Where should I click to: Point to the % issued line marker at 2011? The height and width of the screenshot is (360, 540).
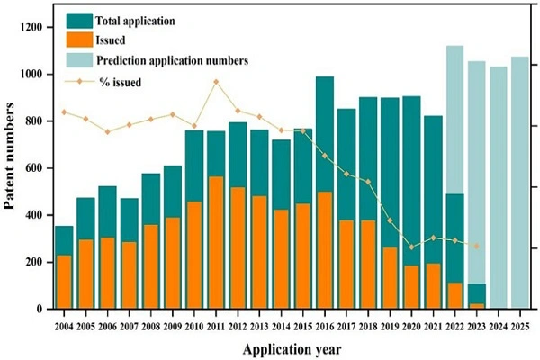tap(216, 82)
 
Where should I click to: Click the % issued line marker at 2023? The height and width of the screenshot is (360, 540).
tap(477, 246)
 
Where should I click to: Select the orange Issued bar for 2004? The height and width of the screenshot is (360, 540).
tap(63, 282)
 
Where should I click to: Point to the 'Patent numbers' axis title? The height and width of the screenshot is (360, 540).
tap(11, 157)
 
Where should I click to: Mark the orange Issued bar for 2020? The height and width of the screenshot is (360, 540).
tap(411, 287)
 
